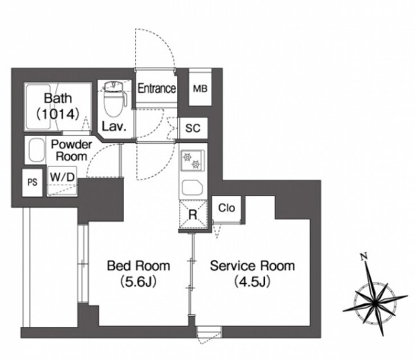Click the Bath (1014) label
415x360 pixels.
click(x=57, y=106)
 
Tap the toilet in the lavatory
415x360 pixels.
click(x=114, y=98)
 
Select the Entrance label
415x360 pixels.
click(x=157, y=88)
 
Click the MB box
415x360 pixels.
click(x=200, y=88)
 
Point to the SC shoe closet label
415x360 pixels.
click(x=193, y=129)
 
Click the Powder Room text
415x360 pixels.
click(x=71, y=151)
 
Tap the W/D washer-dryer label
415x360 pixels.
click(x=62, y=177)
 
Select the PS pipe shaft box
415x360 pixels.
click(x=33, y=182)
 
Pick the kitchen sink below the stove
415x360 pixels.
click(x=192, y=187)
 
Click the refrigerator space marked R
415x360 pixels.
click(x=193, y=215)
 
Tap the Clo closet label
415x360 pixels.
click(x=227, y=208)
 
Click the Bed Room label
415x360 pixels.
click(x=138, y=266)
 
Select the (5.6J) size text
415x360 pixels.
click(x=138, y=282)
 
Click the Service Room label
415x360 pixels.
click(x=252, y=266)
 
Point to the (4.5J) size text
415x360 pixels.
click(x=252, y=282)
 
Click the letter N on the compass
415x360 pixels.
click(x=364, y=256)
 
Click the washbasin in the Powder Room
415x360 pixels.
click(x=36, y=150)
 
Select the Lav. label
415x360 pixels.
click(x=114, y=127)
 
